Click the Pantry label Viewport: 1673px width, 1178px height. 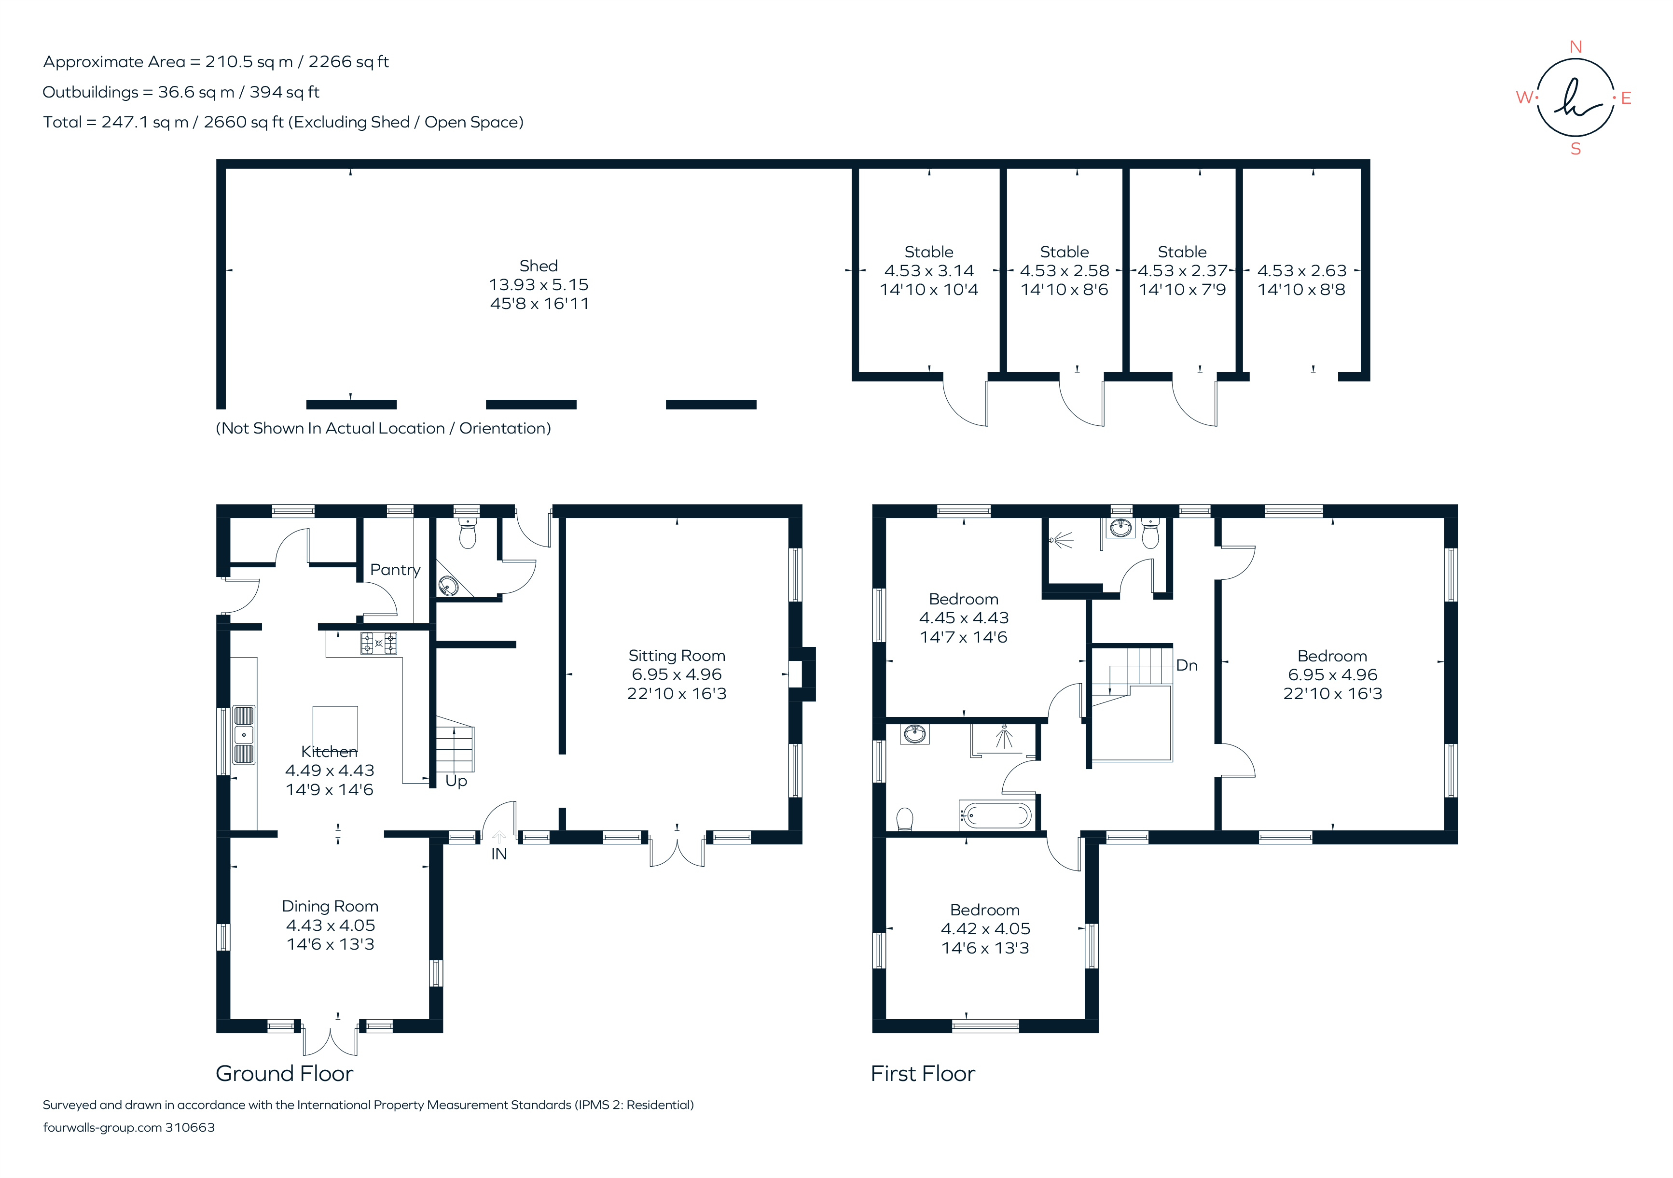coord(395,569)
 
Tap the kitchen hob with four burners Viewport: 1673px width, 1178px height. coord(379,643)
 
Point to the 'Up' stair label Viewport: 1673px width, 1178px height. coord(456,781)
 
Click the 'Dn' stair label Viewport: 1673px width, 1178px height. coord(1186,665)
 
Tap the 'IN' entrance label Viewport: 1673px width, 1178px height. coord(498,854)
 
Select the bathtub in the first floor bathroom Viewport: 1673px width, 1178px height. coord(996,815)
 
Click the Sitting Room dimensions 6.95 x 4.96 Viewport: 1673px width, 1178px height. coord(676,674)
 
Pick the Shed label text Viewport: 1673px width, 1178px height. coord(539,266)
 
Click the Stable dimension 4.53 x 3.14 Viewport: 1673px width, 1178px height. coord(928,270)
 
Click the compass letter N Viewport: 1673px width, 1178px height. coord(1576,47)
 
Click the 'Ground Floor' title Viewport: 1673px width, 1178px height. coord(284,1073)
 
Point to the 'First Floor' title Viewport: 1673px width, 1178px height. coord(923,1073)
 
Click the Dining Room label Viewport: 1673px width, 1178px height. coord(330,906)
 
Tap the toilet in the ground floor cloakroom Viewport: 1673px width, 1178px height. coord(467,535)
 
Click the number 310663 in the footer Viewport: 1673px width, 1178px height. coord(190,1127)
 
